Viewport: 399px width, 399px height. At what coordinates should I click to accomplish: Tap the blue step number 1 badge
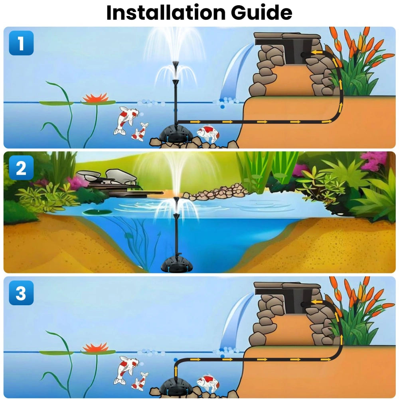pos(21,43)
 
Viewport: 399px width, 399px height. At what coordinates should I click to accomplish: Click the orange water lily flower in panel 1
pos(95,97)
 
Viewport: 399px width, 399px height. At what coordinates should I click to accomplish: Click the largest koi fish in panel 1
pos(126,119)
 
